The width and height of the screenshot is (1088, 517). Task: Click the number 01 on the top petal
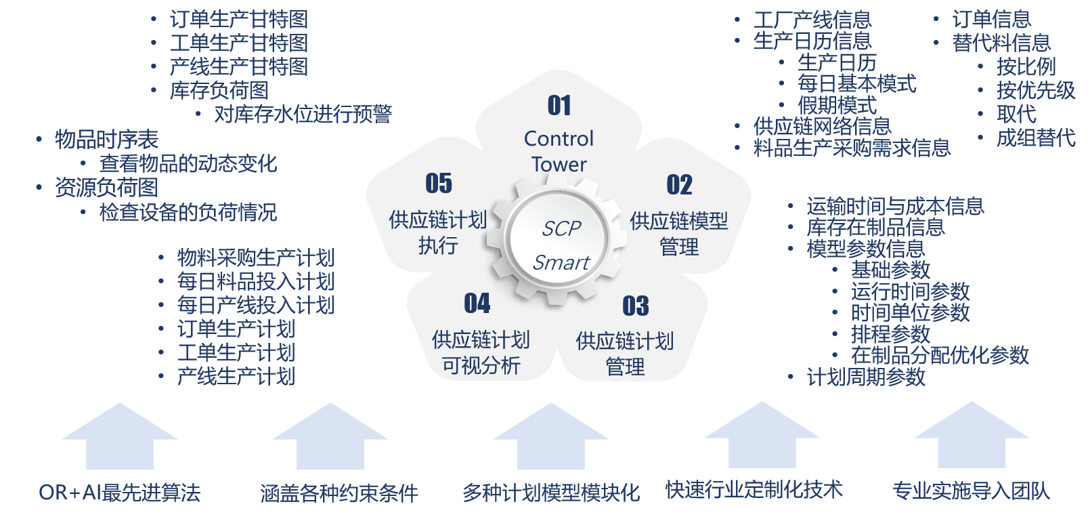pos(559,106)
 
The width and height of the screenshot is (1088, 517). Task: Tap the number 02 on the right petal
pos(679,185)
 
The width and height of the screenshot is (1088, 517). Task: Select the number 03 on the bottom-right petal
pos(635,306)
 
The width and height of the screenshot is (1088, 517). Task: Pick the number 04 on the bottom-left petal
pos(477,304)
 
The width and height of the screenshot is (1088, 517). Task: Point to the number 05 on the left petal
pos(439,184)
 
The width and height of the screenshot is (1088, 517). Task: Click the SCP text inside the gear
pos(561,229)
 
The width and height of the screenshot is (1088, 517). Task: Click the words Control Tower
pos(559,151)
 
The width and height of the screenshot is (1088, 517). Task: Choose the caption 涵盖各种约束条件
pos(339,493)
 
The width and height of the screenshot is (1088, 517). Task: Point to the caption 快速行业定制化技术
pos(754,490)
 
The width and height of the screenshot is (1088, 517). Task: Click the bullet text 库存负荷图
pos(219,90)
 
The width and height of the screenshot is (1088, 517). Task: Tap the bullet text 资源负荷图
pos(106,188)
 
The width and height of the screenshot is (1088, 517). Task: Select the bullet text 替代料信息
pos(1001,43)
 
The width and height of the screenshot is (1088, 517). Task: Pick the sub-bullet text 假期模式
pos(837,105)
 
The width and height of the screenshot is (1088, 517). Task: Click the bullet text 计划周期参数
pos(866,377)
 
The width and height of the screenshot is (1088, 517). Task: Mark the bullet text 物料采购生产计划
pos(255,257)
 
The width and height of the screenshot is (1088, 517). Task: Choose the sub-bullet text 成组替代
pos(1035,138)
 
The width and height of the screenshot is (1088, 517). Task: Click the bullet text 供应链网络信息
pos(822,126)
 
